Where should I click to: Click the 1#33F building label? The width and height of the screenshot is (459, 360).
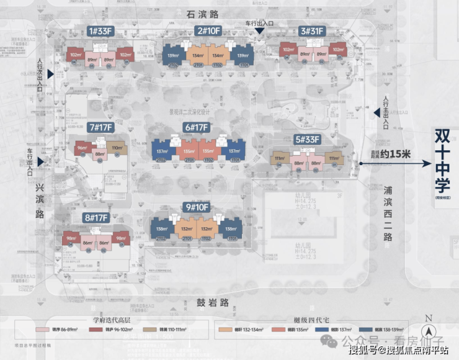click(x=99, y=31)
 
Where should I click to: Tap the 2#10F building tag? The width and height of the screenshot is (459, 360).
click(x=208, y=31)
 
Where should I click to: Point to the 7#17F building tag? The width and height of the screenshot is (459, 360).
click(x=100, y=127)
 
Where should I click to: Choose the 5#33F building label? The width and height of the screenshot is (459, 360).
click(x=306, y=140)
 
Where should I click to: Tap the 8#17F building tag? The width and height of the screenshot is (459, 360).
click(x=96, y=217)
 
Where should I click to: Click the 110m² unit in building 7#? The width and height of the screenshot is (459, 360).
click(x=117, y=148)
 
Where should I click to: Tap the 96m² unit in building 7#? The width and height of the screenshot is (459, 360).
click(x=82, y=148)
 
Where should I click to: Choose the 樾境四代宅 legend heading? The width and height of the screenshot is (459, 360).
click(x=308, y=320)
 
